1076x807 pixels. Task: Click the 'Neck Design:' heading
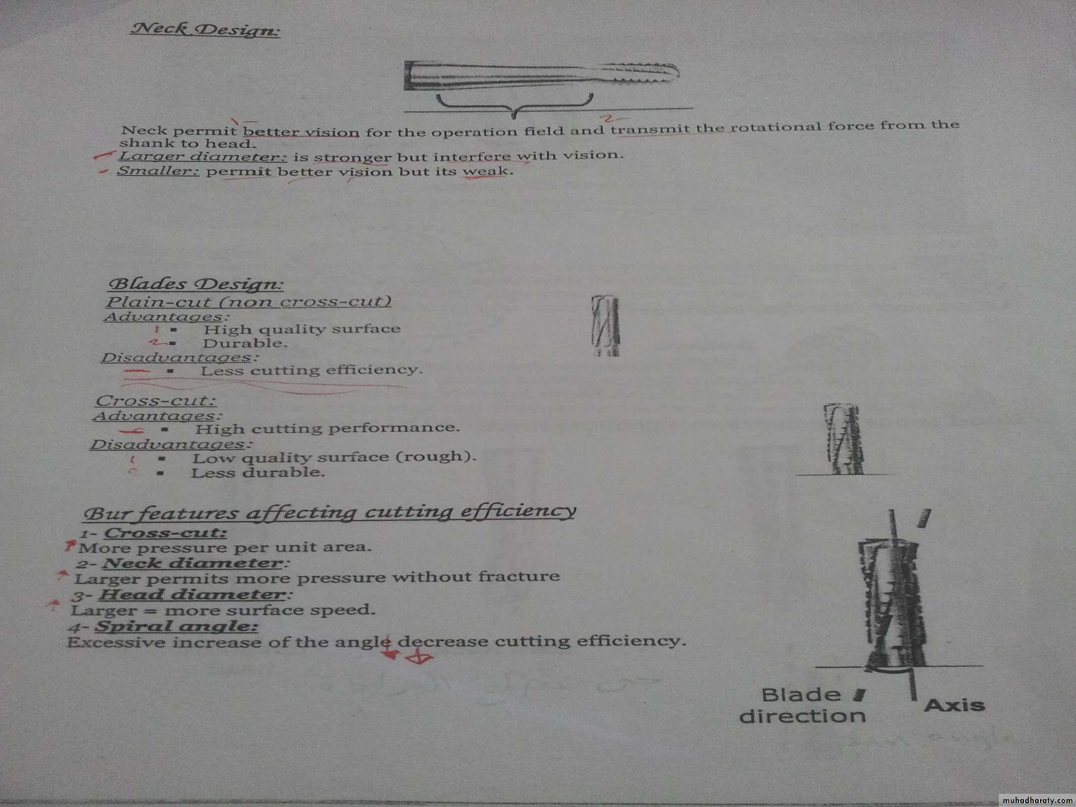205,29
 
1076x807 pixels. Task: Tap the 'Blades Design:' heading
196,284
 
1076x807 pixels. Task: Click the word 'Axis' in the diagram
954,705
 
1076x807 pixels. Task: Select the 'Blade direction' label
803,706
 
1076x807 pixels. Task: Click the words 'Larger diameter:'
203,157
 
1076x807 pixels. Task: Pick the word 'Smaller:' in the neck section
158,171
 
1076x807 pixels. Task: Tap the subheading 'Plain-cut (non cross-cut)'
248,301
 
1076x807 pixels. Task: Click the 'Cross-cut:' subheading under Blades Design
156,401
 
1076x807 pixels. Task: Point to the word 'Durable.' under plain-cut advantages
245,343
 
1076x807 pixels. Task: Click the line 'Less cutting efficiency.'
311,370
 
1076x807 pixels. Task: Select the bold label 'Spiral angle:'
177,627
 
